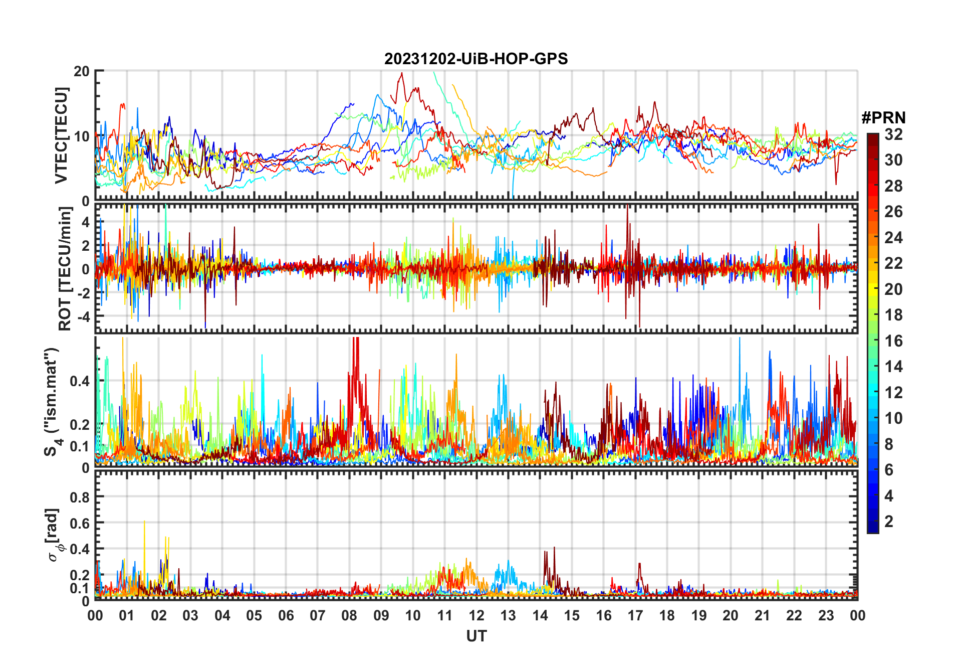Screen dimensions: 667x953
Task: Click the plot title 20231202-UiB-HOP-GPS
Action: pyautogui.click(x=476, y=59)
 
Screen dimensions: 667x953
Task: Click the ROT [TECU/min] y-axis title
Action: pyautogui.click(x=65, y=269)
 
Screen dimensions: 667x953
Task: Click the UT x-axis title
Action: pyautogui.click(x=476, y=636)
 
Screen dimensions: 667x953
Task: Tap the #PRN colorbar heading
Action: pyautogui.click(x=883, y=118)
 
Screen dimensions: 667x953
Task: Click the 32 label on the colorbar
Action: pyautogui.click(x=893, y=134)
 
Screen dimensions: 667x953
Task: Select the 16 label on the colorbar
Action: pyautogui.click(x=893, y=341)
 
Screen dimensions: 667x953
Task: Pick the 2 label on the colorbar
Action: pyautogui.click(x=889, y=522)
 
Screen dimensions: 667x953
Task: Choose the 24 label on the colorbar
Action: pyautogui.click(x=893, y=238)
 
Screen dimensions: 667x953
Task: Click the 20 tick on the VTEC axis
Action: pyautogui.click(x=82, y=71)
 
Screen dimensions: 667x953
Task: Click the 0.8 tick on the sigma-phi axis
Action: pyautogui.click(x=79, y=497)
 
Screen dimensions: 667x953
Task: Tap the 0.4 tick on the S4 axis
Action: pyautogui.click(x=79, y=381)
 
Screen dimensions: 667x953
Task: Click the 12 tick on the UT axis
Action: pyautogui.click(x=476, y=616)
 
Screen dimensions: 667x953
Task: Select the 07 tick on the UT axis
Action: pyautogui.click(x=318, y=616)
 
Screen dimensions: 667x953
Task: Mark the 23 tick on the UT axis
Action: pyautogui.click(x=826, y=616)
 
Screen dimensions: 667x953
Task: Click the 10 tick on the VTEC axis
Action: pyautogui.click(x=82, y=136)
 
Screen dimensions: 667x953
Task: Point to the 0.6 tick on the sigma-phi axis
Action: pyautogui.click(x=79, y=523)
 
